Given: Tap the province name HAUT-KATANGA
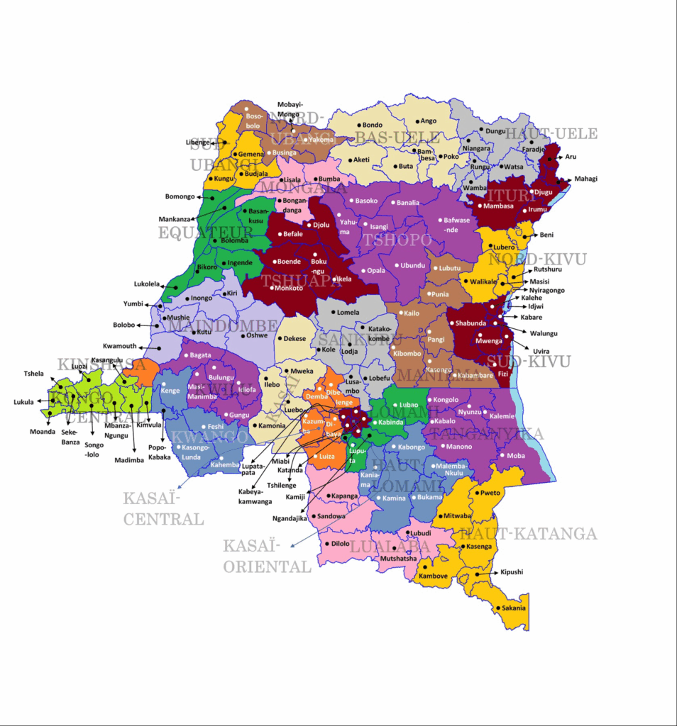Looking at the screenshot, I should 529,534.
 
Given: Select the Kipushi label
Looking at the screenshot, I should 512,571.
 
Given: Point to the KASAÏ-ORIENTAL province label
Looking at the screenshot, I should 267,556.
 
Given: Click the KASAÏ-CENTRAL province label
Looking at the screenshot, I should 163,508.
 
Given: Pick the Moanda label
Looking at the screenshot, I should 42,432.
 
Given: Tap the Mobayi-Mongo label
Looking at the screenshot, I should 290,109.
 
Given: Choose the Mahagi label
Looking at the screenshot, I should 585,179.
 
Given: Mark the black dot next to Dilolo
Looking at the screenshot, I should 325,544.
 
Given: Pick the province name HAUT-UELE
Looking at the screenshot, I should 561,133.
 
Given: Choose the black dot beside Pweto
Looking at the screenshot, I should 476,493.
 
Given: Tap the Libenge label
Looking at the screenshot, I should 198,142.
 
